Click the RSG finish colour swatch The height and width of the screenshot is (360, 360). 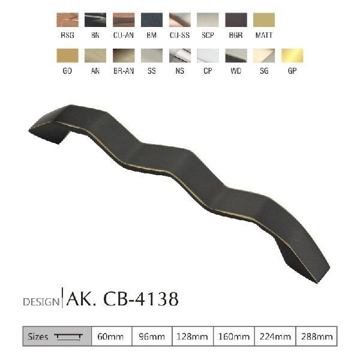pos(67,20)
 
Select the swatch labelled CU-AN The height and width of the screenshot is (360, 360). pos(124,20)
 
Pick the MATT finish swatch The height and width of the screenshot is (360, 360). pos(264,20)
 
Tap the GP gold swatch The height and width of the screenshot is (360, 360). pos(292,56)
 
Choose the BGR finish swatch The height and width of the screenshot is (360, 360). pos(236,20)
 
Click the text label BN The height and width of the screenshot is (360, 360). pos(95,35)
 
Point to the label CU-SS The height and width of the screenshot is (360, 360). pos(180,35)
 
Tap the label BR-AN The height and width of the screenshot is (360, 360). pos(124,71)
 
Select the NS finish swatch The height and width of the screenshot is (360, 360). pos(180,56)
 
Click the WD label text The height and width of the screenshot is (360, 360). pos(236,71)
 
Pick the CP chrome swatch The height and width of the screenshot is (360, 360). pos(208,56)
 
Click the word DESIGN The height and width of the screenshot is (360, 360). pos(41,301)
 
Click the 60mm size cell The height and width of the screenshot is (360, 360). pos(111,337)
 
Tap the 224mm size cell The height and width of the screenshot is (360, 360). pos(274,337)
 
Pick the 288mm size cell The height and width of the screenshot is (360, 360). pos(315,337)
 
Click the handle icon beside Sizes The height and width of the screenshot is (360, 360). pos(69,337)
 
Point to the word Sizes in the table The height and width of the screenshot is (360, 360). pos(38,337)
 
